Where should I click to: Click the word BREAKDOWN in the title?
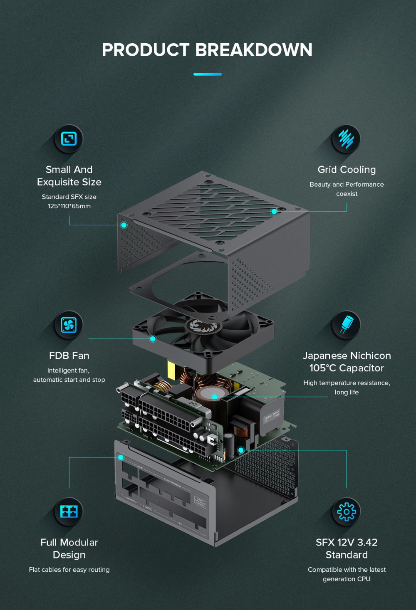254,50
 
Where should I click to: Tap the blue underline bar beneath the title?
208,74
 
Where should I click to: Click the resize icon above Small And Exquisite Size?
69,138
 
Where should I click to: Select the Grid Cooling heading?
347,170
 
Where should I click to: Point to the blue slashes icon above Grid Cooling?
346,138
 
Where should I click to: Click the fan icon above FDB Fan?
69,325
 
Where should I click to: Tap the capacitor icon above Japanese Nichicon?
346,325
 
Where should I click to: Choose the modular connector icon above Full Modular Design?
69,511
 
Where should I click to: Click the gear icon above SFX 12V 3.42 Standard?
346,511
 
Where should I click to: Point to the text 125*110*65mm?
69,206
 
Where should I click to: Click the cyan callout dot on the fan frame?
153,339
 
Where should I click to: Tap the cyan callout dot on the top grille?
274,211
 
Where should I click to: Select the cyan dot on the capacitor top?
215,397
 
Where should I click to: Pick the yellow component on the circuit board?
171,370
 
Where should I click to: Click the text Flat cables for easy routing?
69,570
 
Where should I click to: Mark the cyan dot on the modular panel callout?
121,457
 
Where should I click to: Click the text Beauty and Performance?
347,185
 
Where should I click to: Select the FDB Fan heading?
69,356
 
